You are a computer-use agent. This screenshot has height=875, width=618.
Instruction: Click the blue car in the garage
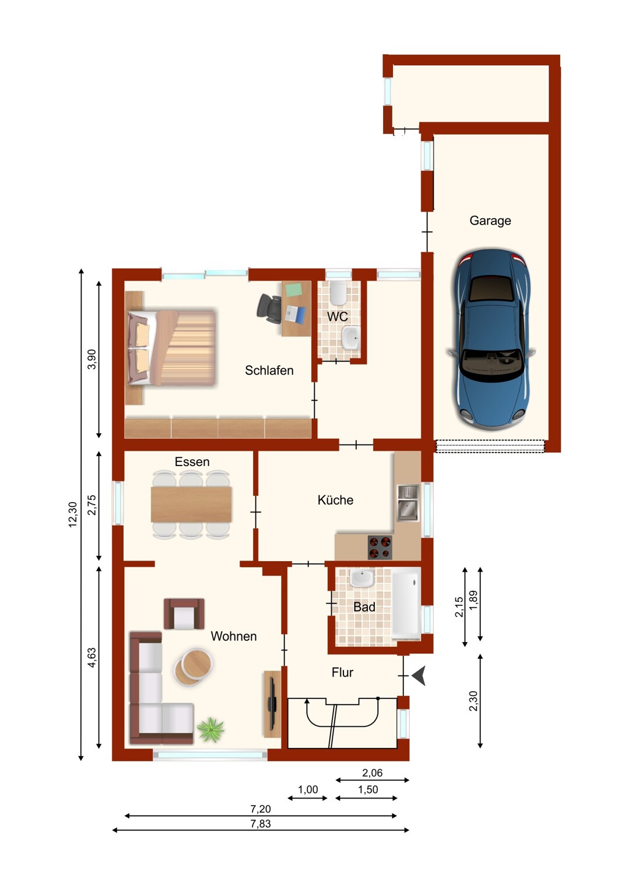coord(491,340)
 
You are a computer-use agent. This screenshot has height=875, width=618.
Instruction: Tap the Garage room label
coord(490,220)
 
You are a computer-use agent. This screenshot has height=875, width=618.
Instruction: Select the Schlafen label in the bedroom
coord(269,370)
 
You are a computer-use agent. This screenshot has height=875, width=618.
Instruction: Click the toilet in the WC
coord(338,293)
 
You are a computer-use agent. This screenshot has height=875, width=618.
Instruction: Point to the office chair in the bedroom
coord(269,309)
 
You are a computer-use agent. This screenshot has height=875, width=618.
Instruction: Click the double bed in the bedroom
coord(172,348)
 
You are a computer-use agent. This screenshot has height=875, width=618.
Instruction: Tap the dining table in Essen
coord(191,504)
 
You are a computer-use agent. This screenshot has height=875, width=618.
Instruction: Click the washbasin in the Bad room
coord(362,579)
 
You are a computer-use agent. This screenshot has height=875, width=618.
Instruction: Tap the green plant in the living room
coord(211,729)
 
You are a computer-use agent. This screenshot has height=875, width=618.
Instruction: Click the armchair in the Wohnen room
coord(184,614)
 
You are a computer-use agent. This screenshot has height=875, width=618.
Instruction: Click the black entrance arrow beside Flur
coord(419,675)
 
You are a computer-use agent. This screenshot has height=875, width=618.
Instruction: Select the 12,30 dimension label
coord(73,514)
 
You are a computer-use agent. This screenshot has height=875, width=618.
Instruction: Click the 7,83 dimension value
coord(261,824)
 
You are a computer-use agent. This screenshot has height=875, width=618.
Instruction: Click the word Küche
coord(335,500)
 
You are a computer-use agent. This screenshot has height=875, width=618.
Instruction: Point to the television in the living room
coord(272,704)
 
